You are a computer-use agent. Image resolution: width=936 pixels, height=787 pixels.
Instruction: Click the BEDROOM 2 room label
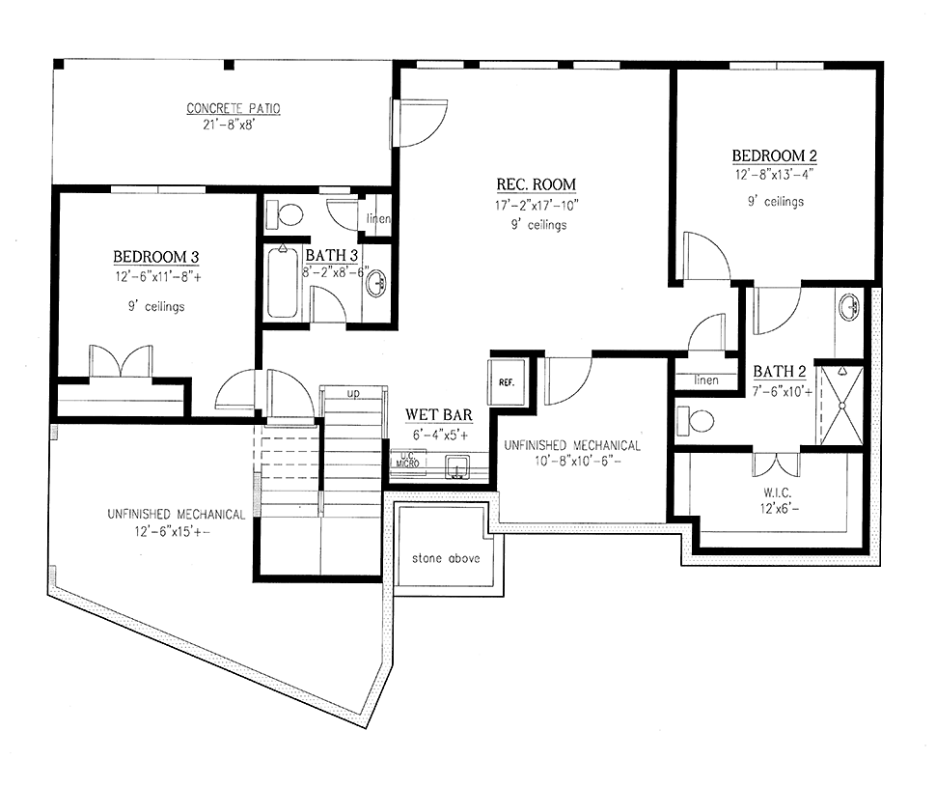[774, 156]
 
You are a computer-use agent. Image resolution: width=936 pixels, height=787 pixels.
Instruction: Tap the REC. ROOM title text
[537, 184]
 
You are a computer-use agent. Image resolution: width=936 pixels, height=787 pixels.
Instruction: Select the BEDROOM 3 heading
[155, 257]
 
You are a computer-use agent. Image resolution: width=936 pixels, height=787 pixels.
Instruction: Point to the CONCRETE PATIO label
[234, 108]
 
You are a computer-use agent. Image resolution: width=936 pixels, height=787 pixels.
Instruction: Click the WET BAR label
[439, 414]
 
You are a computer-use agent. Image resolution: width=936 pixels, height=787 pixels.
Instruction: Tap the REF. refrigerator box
[507, 381]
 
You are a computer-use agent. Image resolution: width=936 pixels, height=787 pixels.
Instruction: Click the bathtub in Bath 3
[283, 283]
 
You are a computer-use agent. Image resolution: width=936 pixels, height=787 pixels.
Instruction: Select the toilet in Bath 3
[285, 214]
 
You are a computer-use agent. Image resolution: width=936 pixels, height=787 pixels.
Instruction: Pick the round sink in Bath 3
[377, 283]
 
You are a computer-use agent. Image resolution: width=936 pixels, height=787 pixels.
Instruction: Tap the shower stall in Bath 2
[841, 406]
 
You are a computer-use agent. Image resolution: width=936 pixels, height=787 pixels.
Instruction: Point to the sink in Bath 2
[849, 308]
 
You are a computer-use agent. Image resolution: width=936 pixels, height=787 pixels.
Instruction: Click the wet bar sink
[457, 466]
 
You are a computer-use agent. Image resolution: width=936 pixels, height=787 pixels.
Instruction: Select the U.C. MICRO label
[408, 460]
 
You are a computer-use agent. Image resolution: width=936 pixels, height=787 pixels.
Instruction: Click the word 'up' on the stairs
[353, 394]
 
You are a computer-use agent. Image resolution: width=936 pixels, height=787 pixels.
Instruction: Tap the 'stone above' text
[446, 558]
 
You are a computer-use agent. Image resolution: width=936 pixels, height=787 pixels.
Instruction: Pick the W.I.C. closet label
[777, 493]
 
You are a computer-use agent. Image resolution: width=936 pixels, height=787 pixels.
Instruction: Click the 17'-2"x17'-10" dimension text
[537, 206]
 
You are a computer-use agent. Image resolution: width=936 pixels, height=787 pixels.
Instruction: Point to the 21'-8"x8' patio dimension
[234, 126]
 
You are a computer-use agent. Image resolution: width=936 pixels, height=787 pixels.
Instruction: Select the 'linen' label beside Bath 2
[706, 380]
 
